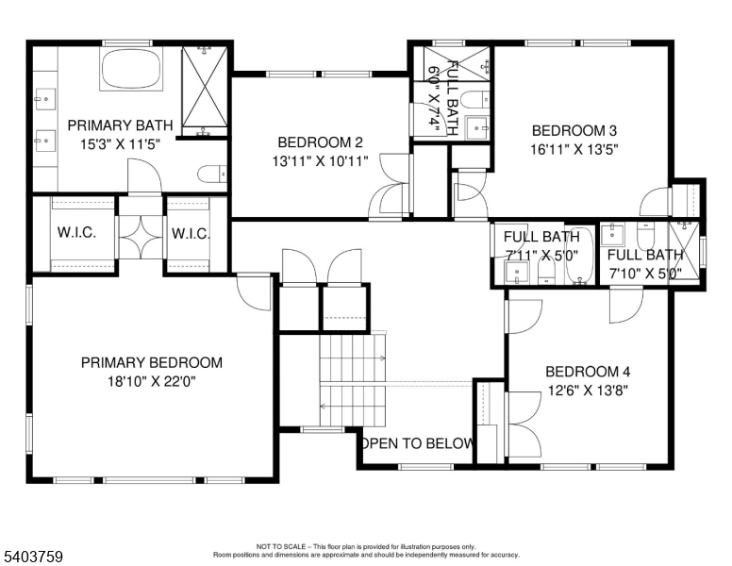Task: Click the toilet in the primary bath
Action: point(211,174)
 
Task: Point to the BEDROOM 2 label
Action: point(321,142)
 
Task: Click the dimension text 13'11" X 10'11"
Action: point(321,160)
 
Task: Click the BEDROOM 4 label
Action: point(587,371)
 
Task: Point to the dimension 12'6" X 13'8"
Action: point(587,389)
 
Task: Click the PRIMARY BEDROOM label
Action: point(152,362)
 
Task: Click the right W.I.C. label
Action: point(190,232)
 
